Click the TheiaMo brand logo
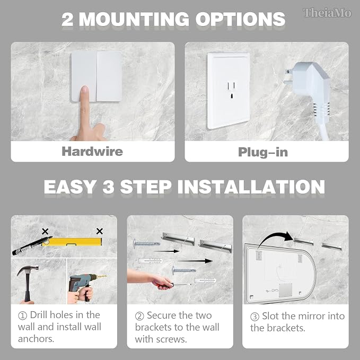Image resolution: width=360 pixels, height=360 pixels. [x=327, y=13]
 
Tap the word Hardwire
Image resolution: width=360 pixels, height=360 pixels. [x=92, y=152]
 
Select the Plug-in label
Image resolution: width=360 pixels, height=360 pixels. [x=263, y=152]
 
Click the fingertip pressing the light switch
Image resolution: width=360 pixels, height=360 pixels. [x=84, y=90]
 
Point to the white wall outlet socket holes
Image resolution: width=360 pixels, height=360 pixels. [x=231, y=90]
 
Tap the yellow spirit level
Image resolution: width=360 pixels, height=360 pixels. [x=72, y=242]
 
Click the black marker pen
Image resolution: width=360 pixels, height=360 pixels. [x=32, y=246]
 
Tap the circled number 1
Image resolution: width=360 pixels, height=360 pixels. [x=22, y=315]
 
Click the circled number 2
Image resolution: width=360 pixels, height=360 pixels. [x=139, y=316]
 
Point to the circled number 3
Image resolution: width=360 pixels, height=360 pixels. [x=254, y=317]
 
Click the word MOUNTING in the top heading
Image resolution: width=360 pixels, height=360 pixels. [x=134, y=19]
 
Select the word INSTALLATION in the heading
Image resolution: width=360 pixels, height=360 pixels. [x=251, y=187]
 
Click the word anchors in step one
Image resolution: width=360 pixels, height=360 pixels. [x=36, y=339]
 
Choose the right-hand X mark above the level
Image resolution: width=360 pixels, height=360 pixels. [x=100, y=231]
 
